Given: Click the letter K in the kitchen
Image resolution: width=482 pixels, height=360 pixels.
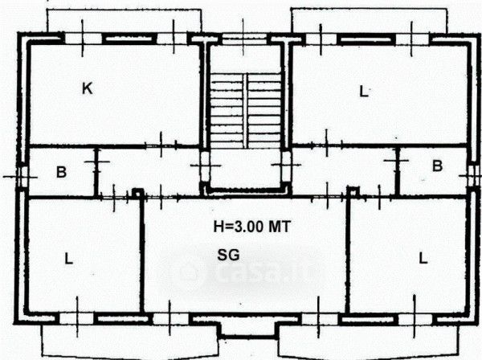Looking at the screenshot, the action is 88,88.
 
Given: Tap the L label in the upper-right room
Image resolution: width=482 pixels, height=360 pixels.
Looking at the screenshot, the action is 364,92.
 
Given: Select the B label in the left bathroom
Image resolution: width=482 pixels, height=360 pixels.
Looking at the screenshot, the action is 62,172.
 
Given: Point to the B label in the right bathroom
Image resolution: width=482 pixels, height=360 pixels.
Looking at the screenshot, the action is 438,166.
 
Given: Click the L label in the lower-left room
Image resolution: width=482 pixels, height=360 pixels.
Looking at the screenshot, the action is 69,259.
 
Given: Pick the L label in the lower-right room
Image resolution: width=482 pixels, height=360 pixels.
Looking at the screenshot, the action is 423,258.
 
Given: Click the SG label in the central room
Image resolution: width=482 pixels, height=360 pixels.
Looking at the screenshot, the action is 228,256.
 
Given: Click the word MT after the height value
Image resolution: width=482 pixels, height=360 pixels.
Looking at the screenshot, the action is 280,227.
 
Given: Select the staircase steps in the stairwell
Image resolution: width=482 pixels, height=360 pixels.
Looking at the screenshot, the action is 246,111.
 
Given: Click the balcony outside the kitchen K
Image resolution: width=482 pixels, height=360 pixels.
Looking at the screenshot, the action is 125,20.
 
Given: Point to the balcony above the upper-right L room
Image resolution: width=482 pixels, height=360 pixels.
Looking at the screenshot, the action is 370,20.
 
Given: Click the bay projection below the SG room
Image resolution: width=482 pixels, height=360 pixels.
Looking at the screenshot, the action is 248,329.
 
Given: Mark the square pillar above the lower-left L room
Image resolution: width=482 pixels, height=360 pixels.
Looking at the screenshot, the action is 138,194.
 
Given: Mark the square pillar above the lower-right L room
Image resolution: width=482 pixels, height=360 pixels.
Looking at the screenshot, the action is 353,191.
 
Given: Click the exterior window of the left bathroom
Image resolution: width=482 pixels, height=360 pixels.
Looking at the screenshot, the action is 22,177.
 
